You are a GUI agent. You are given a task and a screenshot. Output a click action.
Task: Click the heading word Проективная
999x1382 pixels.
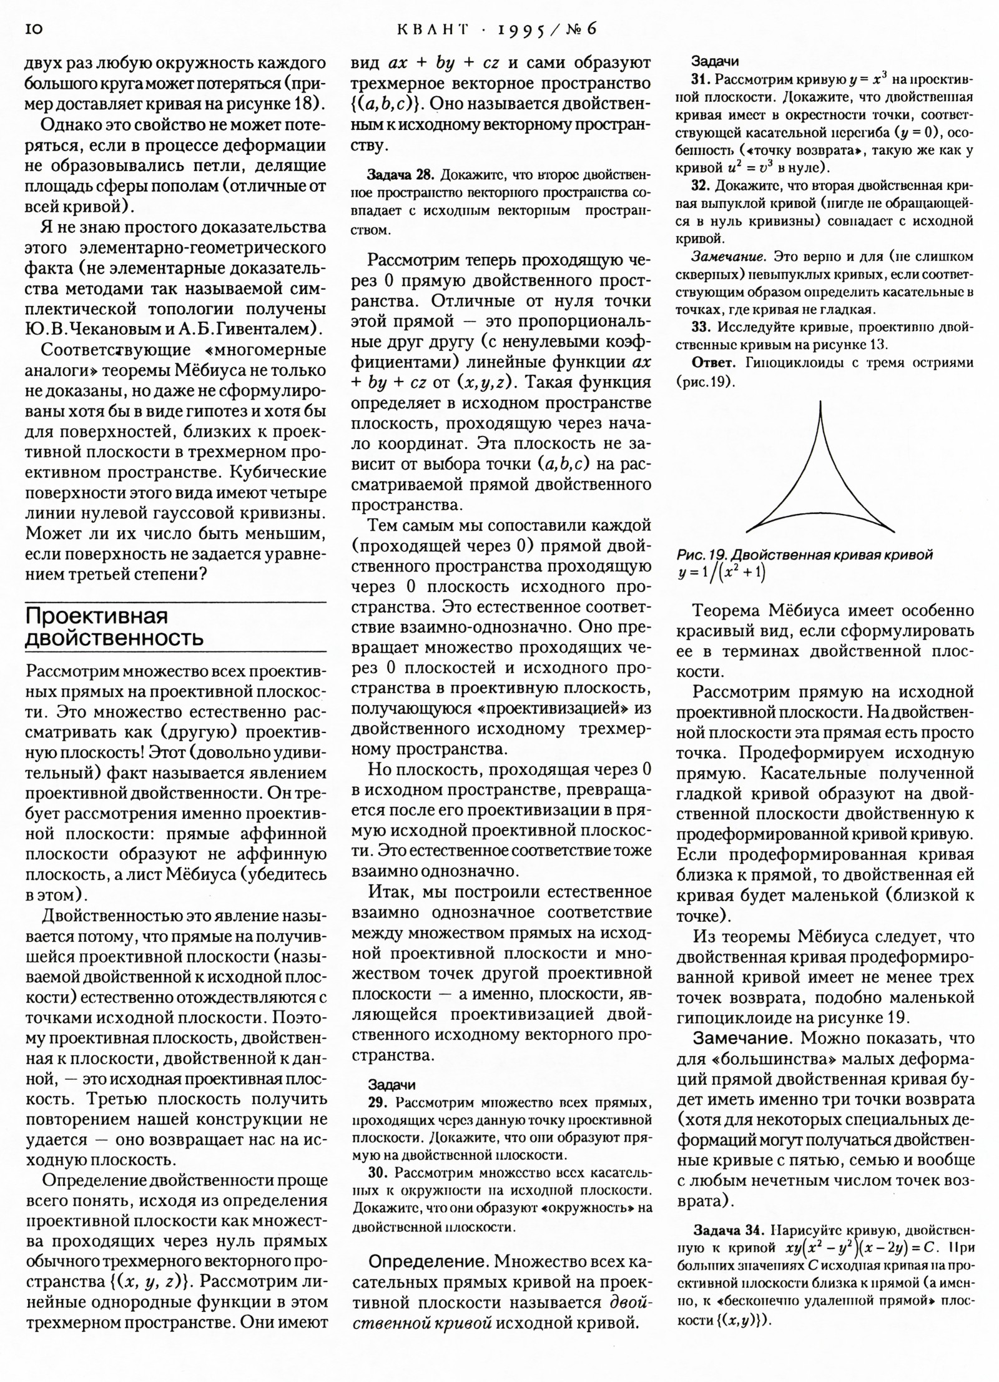click(97, 616)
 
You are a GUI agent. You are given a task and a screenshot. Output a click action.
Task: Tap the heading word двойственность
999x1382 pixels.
click(114, 638)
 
